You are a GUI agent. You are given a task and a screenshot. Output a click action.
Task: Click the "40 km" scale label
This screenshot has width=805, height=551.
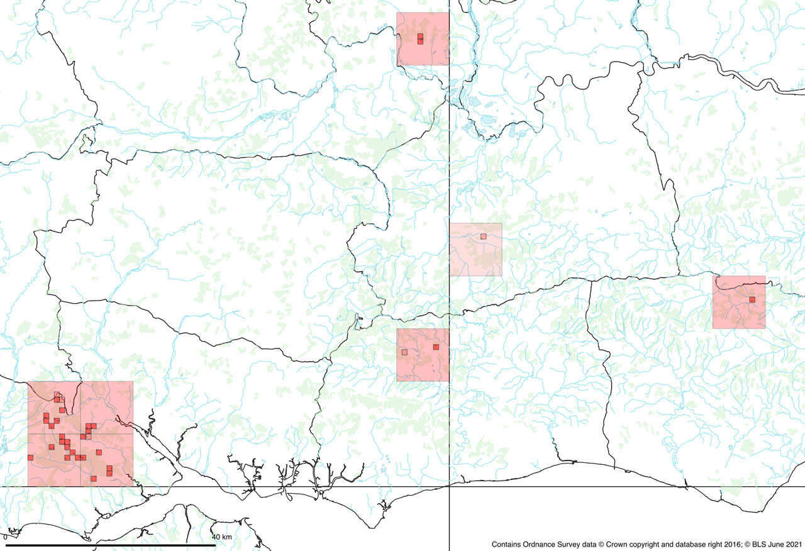pyautogui.click(x=222, y=537)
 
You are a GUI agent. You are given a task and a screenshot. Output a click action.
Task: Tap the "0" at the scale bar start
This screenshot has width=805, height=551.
pyautogui.click(x=6, y=537)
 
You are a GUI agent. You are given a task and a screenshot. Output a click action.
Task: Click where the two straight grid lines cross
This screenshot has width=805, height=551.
pyautogui.click(x=449, y=487)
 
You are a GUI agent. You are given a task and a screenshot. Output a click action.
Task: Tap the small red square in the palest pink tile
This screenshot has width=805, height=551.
pyautogui.click(x=484, y=237)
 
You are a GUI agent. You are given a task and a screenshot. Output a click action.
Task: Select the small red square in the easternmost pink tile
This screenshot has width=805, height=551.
pyautogui.click(x=752, y=299)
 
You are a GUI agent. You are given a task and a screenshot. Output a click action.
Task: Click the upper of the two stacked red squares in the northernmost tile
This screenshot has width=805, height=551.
pyautogui.click(x=420, y=36)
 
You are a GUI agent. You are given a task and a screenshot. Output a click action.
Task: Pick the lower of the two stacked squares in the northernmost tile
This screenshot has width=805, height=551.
pyautogui.click(x=420, y=42)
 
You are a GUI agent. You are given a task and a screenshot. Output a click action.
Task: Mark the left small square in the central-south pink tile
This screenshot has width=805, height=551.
pyautogui.click(x=405, y=352)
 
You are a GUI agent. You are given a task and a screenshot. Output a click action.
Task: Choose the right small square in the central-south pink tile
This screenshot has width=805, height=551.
pyautogui.click(x=436, y=347)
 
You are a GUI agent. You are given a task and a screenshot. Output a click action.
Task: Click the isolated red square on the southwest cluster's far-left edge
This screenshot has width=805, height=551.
pyautogui.click(x=30, y=457)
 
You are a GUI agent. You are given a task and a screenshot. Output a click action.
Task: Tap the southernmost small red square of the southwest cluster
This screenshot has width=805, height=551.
pyautogui.click(x=94, y=479)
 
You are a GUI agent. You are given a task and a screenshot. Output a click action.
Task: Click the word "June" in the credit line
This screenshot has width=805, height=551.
pyautogui.click(x=773, y=544)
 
